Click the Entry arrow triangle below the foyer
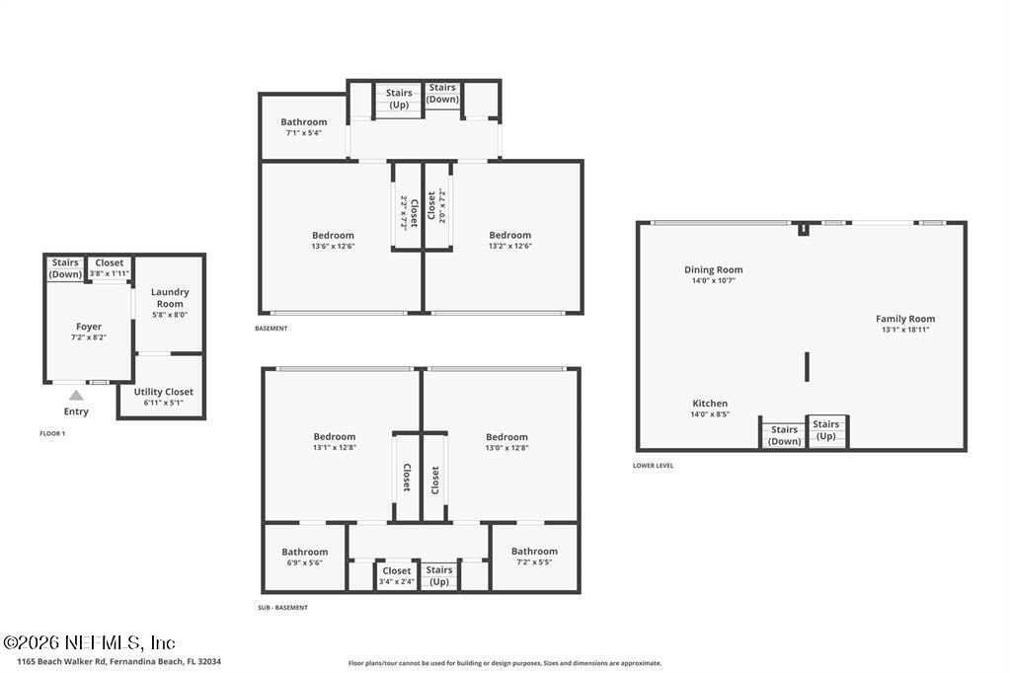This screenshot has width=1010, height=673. point(76,396)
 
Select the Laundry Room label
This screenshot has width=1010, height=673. point(170,298)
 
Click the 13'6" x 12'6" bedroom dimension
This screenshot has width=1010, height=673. point(332,247)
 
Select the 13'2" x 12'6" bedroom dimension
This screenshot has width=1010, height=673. point(509,247)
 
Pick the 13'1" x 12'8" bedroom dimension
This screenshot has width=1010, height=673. point(334,448)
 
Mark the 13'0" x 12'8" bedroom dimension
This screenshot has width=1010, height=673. point(506,448)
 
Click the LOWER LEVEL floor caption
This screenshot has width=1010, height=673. point(654,466)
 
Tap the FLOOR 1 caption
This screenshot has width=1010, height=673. point(52,433)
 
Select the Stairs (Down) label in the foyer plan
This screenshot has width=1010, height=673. point(65,268)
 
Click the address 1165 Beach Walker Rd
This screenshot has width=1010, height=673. point(118,661)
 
